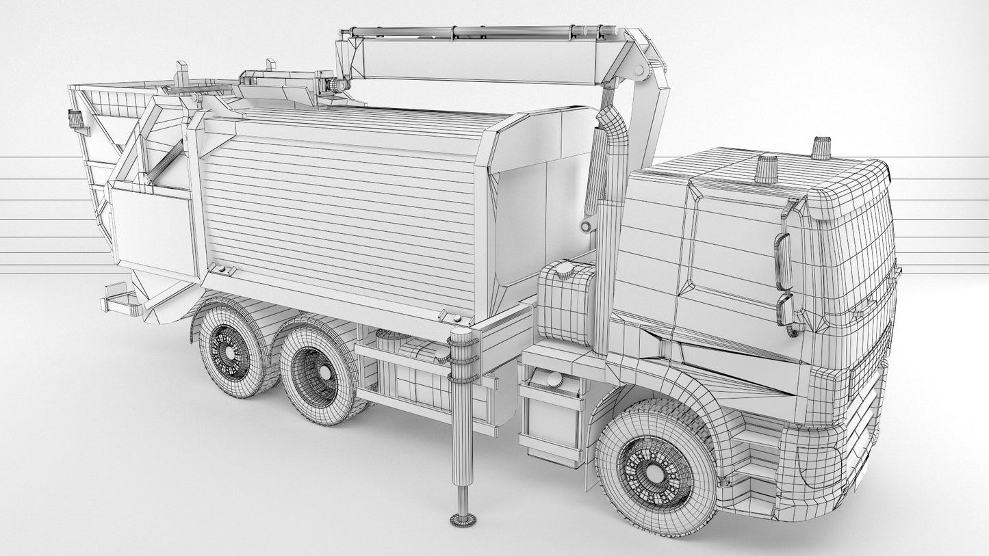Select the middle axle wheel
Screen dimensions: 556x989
[x=316, y=378]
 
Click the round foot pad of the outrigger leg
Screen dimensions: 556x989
[x=463, y=519]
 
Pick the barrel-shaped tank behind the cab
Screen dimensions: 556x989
[x=567, y=302]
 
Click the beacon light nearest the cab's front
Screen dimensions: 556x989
[x=821, y=148]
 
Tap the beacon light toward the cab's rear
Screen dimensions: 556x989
[x=766, y=169]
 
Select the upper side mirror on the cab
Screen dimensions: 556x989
[x=783, y=261]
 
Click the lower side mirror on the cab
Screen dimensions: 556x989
[x=785, y=309]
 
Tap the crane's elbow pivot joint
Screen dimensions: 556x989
[x=640, y=70]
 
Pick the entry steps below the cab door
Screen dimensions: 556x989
[x=756, y=458]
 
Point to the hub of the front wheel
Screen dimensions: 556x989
[x=655, y=472]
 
